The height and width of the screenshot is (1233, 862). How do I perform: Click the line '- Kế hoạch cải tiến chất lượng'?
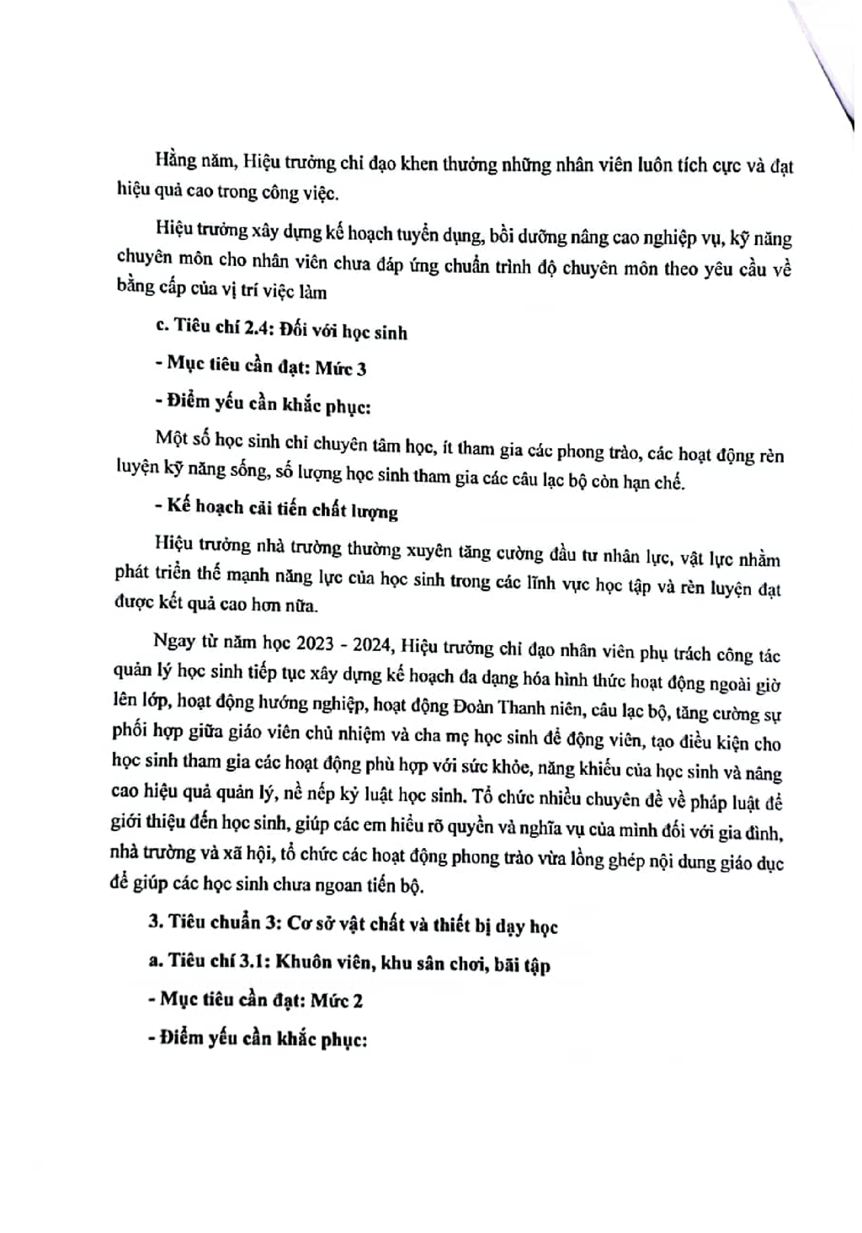(x=277, y=509)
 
